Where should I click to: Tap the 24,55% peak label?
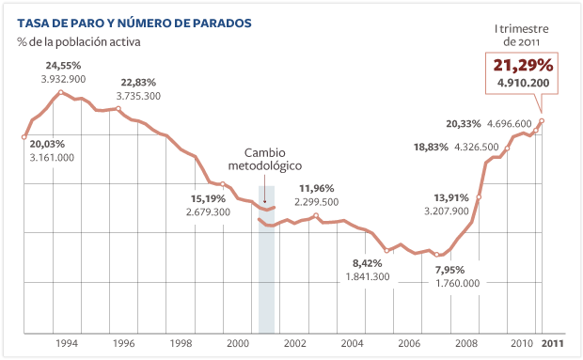point(64,65)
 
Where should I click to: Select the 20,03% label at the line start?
point(48,144)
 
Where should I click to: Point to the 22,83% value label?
point(138,82)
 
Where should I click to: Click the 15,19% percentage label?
point(209,198)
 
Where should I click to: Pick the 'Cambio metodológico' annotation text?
point(266,159)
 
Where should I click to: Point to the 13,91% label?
point(451,197)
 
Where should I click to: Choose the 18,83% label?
point(431,147)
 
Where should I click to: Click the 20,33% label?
point(464,123)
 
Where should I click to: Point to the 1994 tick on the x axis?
point(66,343)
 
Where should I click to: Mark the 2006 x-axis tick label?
point(409,343)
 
